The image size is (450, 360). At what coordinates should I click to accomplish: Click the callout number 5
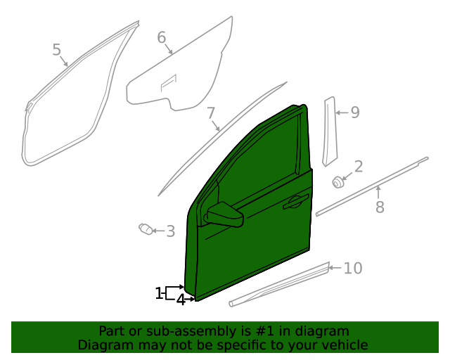(57, 50)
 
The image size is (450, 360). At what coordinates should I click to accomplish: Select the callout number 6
(161, 37)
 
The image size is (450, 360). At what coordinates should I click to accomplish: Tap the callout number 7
(210, 113)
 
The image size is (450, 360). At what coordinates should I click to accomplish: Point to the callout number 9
(355, 112)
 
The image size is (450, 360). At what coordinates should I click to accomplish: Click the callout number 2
(359, 167)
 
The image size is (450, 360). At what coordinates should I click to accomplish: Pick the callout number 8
(380, 207)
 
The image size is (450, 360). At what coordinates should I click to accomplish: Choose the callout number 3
(170, 231)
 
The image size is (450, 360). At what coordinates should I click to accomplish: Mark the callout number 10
(353, 268)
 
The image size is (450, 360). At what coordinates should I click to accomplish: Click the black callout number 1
(159, 292)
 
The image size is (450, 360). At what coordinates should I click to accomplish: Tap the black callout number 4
(181, 300)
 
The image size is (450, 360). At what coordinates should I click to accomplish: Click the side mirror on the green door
(226, 214)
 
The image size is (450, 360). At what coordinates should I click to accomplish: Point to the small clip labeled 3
(146, 229)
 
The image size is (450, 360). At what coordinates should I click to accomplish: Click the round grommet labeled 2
(337, 182)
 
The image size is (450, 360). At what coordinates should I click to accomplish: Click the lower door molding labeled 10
(281, 285)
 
